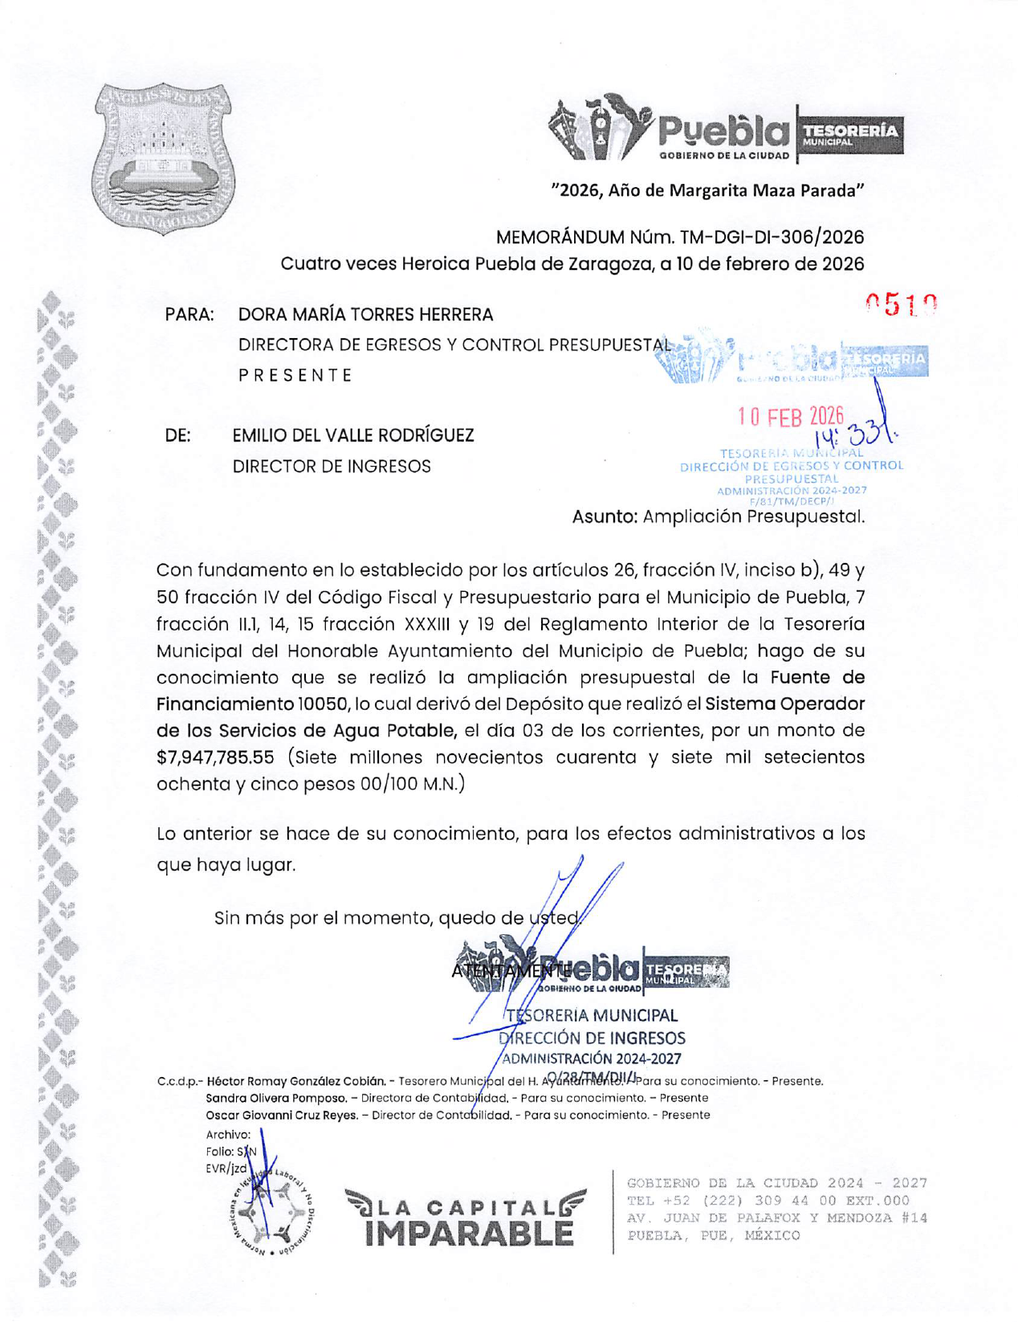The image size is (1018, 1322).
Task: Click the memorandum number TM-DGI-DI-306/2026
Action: (772, 238)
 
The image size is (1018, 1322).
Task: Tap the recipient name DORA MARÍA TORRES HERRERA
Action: (365, 315)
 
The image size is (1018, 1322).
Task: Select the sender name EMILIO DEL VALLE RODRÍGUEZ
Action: (353, 435)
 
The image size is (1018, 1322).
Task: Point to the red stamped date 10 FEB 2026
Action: (791, 416)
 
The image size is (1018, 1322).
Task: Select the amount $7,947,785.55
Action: (215, 757)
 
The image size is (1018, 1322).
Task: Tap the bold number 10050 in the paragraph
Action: (323, 704)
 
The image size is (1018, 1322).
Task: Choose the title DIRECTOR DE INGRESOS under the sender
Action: (332, 467)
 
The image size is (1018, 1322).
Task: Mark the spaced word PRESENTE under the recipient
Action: (295, 375)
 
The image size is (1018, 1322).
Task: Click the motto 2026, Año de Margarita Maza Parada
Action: (707, 190)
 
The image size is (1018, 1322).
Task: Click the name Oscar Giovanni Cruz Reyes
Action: (282, 1115)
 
